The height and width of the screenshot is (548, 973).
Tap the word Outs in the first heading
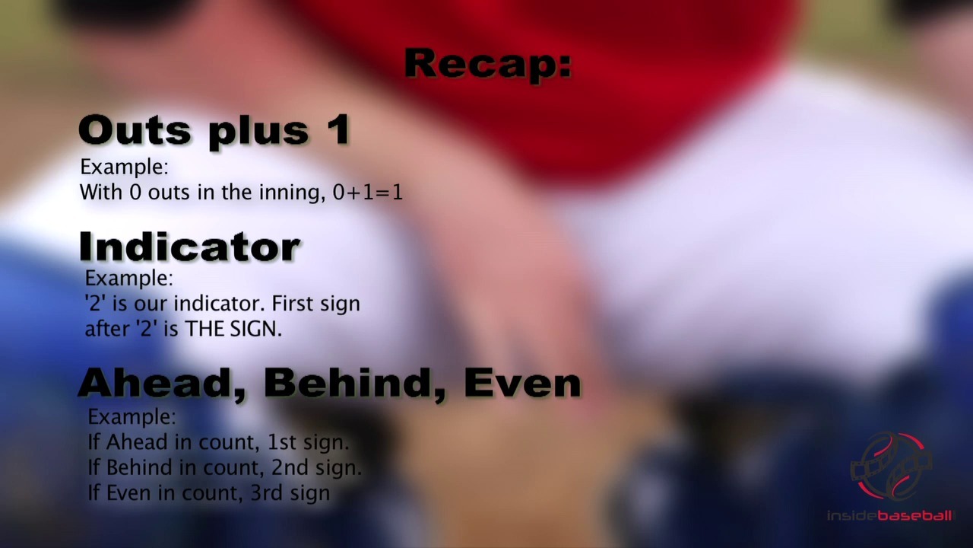[135, 130]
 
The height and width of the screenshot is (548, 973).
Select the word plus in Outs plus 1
[258, 132]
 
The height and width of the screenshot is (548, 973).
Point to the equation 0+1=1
[368, 193]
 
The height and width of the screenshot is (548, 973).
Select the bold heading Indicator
[189, 247]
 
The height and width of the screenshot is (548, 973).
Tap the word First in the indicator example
[293, 304]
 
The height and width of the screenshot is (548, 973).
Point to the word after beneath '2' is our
[107, 329]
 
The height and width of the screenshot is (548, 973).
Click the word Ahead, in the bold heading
[163, 383]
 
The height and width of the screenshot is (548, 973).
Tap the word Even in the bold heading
[522, 383]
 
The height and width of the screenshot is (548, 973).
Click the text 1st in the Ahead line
[281, 442]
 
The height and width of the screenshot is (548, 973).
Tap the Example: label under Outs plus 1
[124, 167]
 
